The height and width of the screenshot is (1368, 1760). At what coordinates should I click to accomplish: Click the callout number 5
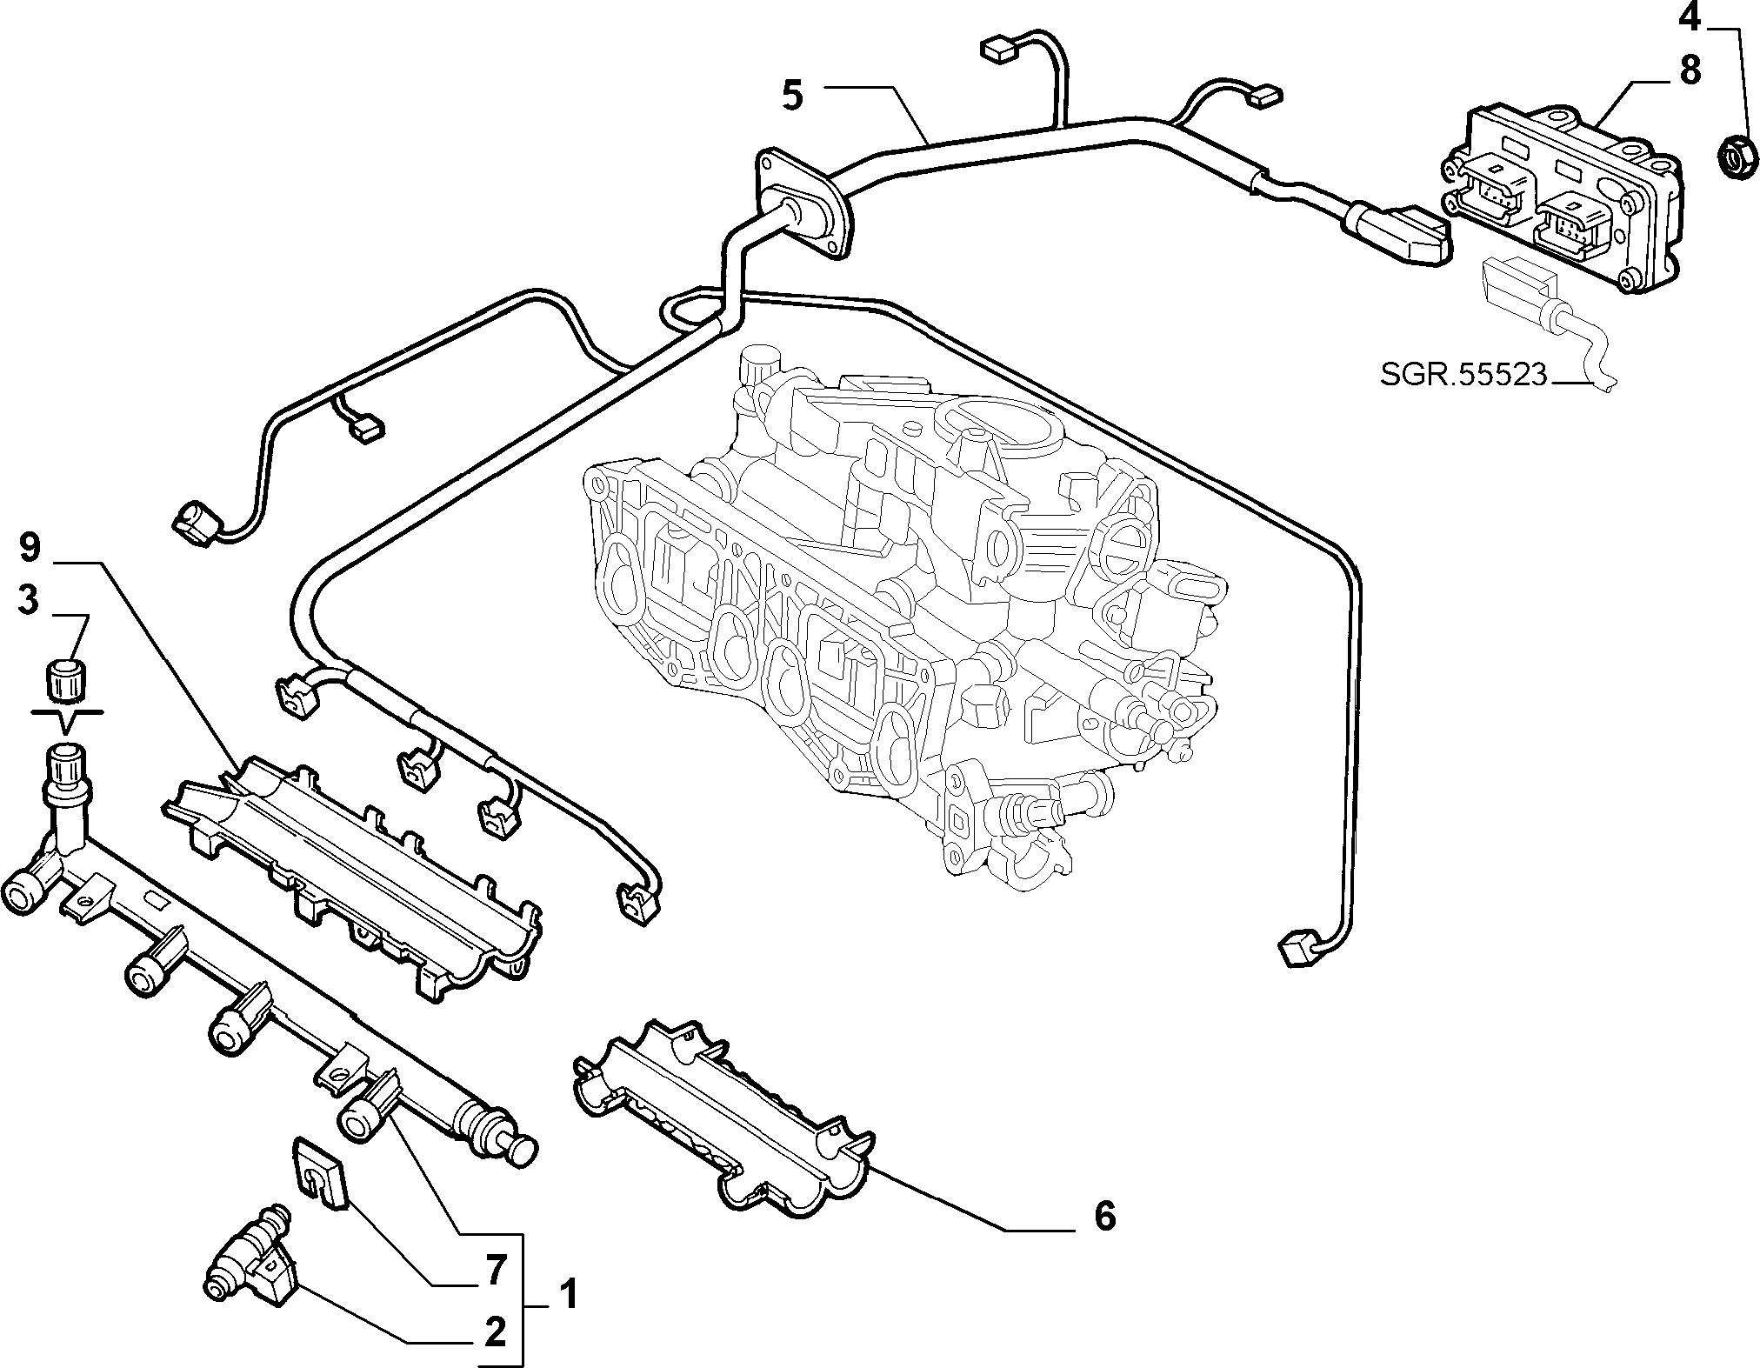pyautogui.click(x=792, y=95)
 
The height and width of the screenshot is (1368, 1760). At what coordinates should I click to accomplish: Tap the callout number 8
pyautogui.click(x=1690, y=70)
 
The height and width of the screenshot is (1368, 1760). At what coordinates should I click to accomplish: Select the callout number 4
pyautogui.click(x=1689, y=17)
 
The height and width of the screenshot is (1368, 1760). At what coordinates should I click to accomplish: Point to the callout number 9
pyautogui.click(x=29, y=548)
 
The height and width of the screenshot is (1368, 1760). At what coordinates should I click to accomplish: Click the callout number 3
pyautogui.click(x=29, y=601)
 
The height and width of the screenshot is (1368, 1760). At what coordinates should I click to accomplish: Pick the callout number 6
pyautogui.click(x=1103, y=1215)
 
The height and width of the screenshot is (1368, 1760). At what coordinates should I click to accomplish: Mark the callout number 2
pyautogui.click(x=495, y=1331)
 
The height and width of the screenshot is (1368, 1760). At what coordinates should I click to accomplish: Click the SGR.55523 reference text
pyautogui.click(x=1463, y=375)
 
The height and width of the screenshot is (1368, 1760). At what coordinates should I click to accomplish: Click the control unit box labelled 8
pyautogui.click(x=1563, y=200)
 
